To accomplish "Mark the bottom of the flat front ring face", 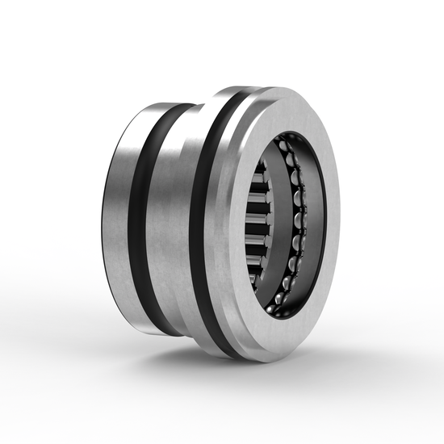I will (274, 343).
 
